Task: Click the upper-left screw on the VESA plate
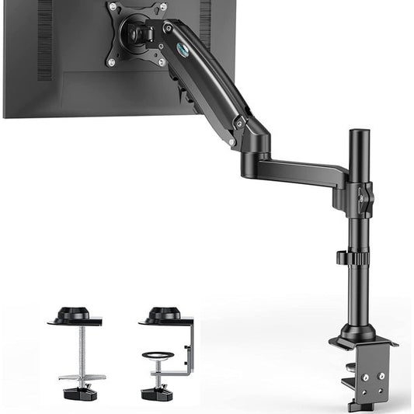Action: (x=113, y=7)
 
